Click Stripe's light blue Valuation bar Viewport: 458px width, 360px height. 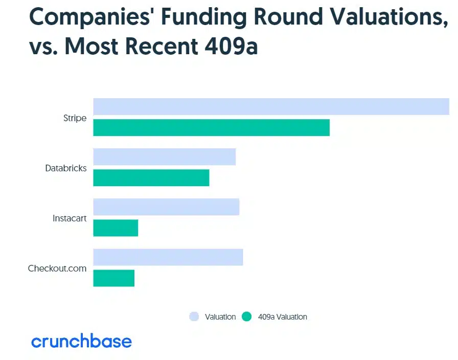[271, 107]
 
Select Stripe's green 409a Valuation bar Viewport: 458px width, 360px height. [212, 127]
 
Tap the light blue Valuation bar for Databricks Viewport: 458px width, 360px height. [165, 157]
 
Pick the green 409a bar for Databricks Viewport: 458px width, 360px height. [151, 177]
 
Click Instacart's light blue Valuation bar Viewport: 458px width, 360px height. [166, 207]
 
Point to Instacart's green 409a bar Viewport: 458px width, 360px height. [116, 228]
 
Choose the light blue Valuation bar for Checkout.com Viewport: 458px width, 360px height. [168, 257]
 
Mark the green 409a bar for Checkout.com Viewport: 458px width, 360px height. [114, 278]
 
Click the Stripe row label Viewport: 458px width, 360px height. [75, 118]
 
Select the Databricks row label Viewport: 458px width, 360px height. [66, 168]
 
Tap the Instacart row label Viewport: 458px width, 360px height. [70, 218]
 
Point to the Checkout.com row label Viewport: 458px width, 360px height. [57, 268]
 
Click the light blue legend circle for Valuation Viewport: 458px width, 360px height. [194, 317]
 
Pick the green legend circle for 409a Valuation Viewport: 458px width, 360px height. [247, 317]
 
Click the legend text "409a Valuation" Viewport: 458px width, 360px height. [283, 317]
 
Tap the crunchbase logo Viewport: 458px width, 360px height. [81, 341]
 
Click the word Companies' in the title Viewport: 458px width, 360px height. [89, 17]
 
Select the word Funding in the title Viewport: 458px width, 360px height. [204, 17]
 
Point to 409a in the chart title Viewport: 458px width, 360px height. [232, 46]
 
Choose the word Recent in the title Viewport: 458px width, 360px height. [162, 46]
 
